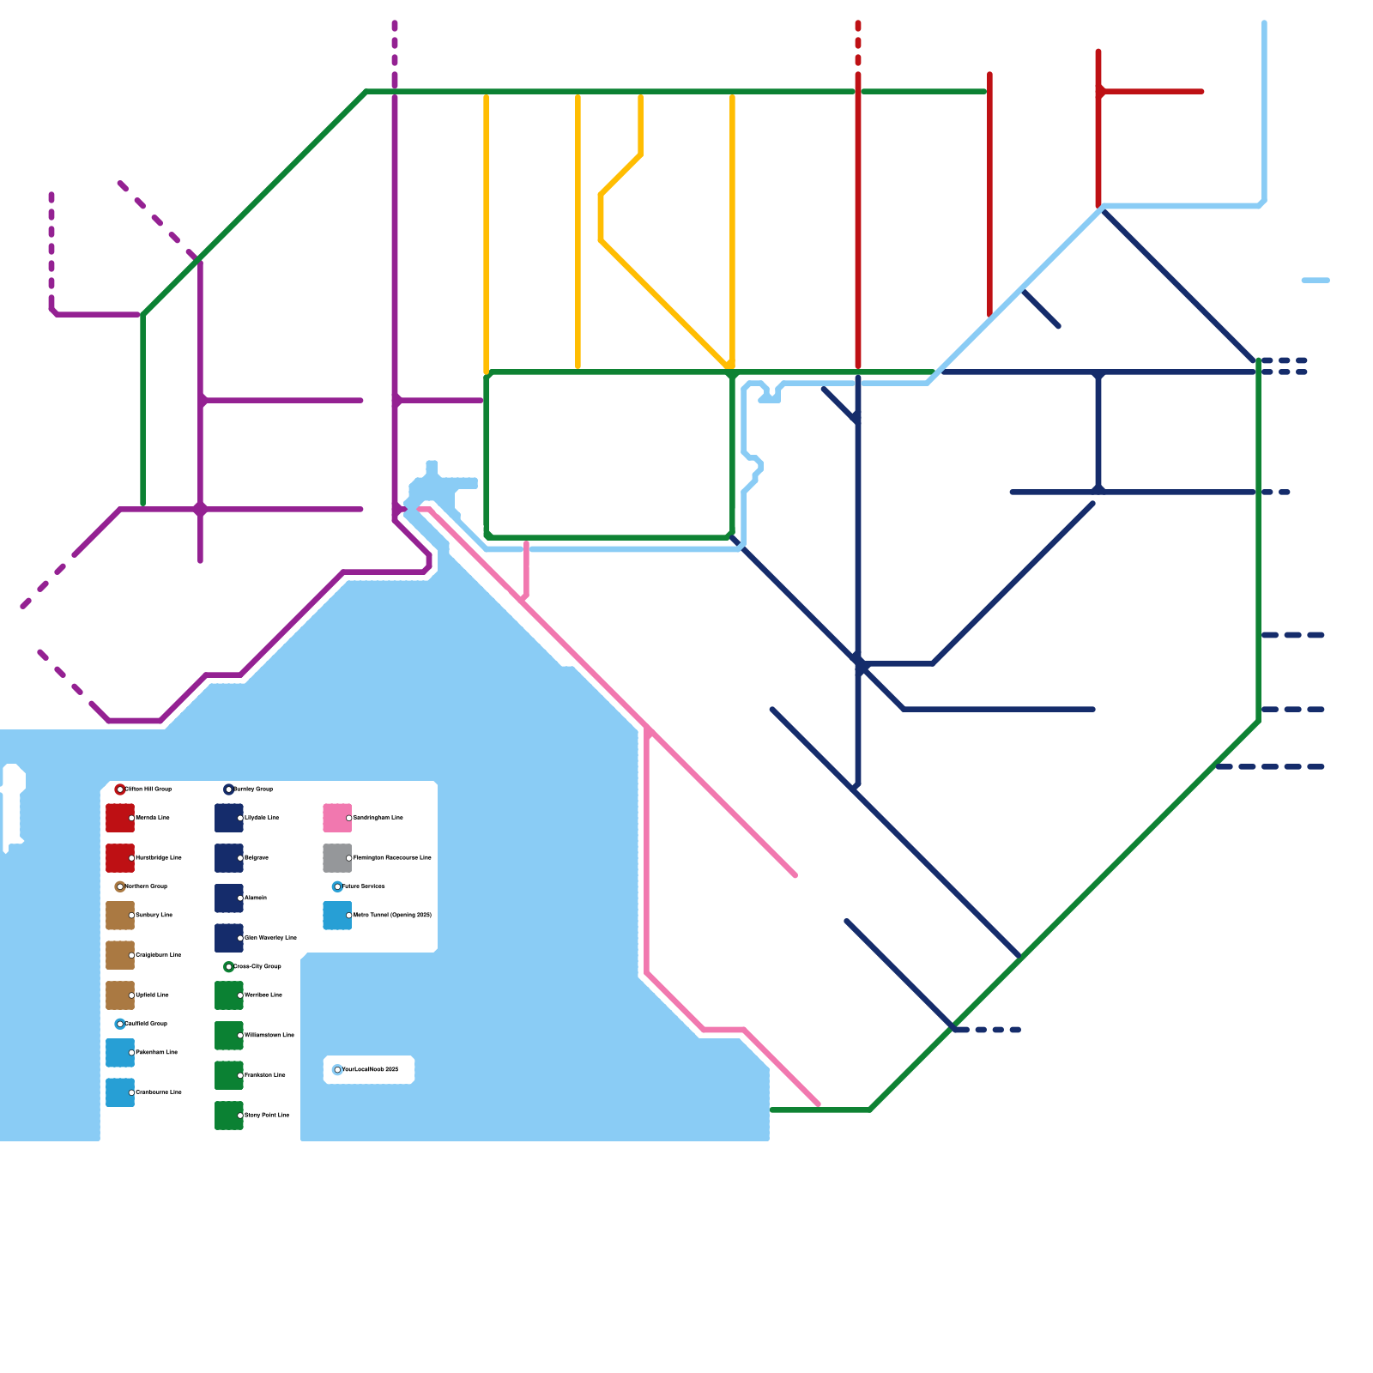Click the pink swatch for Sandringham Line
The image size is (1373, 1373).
coord(337,818)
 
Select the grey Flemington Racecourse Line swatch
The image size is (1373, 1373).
coord(337,858)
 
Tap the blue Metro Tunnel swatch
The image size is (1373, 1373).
coord(337,916)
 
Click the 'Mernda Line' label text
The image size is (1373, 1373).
coord(153,818)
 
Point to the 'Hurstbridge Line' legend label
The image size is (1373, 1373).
coord(159,858)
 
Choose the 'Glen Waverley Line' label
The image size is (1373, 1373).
coord(270,938)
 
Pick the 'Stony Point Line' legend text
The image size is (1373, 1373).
coord(267,1116)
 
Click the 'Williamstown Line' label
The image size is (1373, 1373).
coord(269,1036)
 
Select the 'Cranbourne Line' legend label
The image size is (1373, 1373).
coord(159,1092)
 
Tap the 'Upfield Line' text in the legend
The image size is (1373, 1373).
coord(153,995)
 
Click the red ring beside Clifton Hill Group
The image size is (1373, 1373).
coord(120,789)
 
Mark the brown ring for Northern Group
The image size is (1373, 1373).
coord(120,886)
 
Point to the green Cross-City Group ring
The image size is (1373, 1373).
coord(228,967)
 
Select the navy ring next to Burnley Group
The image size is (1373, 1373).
coord(228,789)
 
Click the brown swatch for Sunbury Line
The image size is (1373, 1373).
coord(120,916)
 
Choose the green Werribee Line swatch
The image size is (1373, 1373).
coord(229,995)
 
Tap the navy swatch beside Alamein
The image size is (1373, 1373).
coord(229,898)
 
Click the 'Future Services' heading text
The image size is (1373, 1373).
coord(364,886)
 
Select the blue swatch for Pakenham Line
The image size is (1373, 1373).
coord(120,1053)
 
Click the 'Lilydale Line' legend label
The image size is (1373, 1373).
coord(262,818)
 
